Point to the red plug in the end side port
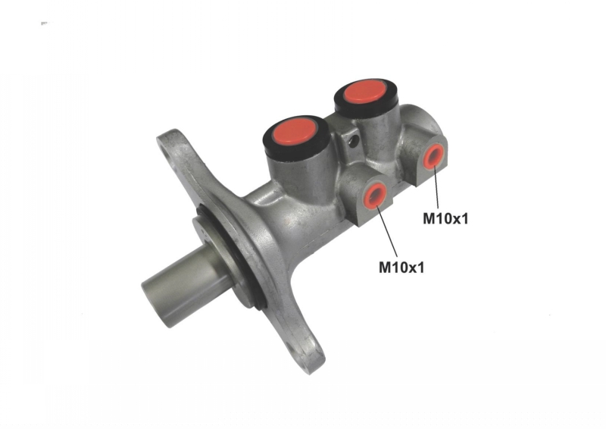[433, 156]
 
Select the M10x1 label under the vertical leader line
[445, 218]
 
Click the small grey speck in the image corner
[44, 23]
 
